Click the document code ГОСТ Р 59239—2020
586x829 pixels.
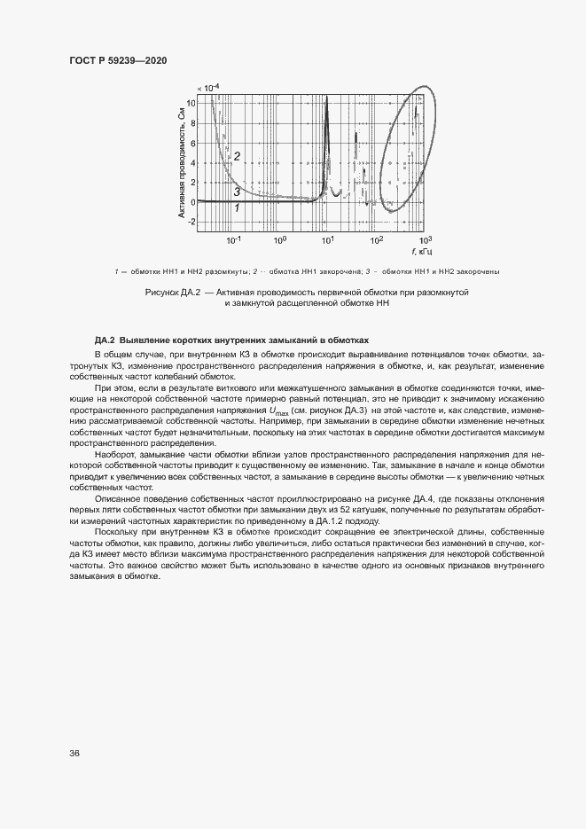(118, 60)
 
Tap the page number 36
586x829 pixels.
(74, 754)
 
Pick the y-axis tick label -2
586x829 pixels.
(191, 222)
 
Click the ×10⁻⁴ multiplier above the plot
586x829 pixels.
(207, 88)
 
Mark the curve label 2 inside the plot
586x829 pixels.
(238, 157)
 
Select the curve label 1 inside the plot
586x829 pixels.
(237, 207)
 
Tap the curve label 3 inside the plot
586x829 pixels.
(237, 192)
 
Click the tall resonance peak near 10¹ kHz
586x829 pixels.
(327, 102)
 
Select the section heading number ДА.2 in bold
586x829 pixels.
(105, 341)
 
